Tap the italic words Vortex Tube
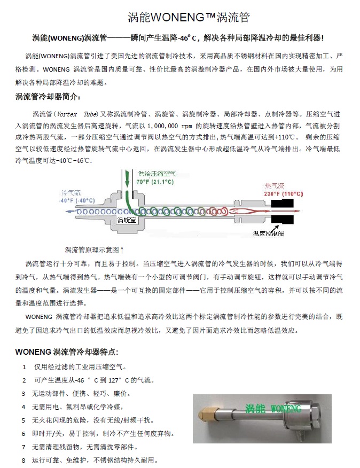[73, 114]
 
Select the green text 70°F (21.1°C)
[155, 182]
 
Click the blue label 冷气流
[71, 192]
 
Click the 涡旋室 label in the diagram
[127, 220]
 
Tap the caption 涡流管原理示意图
[93, 250]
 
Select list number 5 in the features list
[23, 420]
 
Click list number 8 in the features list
[23, 460]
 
